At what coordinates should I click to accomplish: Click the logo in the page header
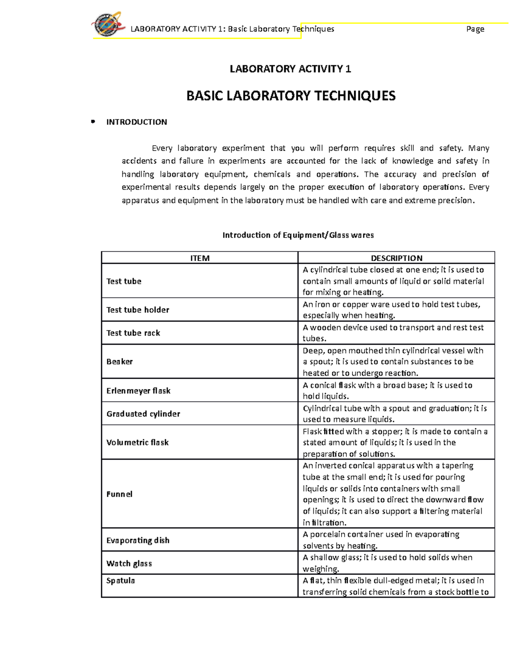pos(108,25)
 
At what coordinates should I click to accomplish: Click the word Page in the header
pos(475,29)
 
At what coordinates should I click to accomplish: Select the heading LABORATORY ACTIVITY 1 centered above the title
pos(290,69)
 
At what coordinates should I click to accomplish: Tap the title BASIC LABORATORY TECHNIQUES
pos(291,96)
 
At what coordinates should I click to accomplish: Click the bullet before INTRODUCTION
pos(92,122)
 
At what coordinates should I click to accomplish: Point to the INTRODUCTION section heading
pos(137,122)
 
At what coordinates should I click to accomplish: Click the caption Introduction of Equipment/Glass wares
pos(298,235)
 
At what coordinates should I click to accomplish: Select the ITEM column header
pos(200,258)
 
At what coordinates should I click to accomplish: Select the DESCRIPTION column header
pos(396,258)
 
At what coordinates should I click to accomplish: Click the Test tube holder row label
pos(138,310)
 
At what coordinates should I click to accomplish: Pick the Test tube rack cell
pos(133,333)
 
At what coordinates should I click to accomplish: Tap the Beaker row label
pos(119,361)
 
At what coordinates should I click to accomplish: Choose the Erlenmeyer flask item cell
pos(138,391)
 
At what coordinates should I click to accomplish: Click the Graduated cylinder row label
pos(143,414)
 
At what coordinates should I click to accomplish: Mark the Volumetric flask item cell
pos(137,442)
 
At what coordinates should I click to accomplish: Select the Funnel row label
pos(119,494)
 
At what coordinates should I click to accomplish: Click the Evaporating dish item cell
pos(138,540)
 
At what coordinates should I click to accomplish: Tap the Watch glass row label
pos(129,563)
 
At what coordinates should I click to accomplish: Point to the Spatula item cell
pos(121,581)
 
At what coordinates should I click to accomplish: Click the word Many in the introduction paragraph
pos(479,148)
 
